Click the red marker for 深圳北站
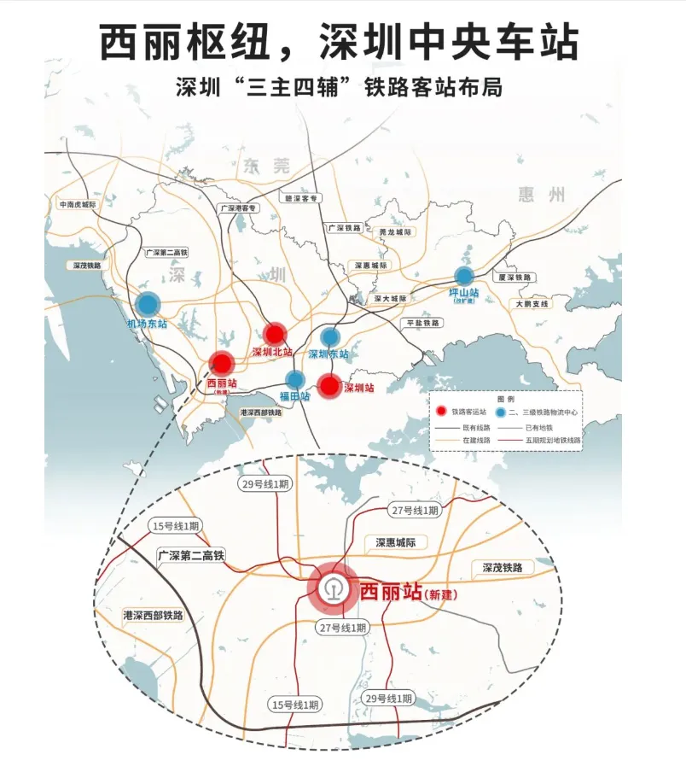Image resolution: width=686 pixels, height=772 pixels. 274,334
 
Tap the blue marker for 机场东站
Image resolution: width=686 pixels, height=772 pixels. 148,304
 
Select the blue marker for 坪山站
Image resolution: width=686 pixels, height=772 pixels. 464,276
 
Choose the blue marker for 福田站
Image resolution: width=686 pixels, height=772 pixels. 295,380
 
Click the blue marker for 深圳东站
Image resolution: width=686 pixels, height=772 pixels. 329,337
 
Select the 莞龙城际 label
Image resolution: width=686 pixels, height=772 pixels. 395,232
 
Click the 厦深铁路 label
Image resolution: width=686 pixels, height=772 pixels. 514,278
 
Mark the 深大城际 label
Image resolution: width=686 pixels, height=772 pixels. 390,298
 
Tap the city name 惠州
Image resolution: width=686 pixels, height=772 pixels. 542,195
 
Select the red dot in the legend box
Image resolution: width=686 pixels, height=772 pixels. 441,412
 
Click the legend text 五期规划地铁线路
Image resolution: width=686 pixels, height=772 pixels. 554,440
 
